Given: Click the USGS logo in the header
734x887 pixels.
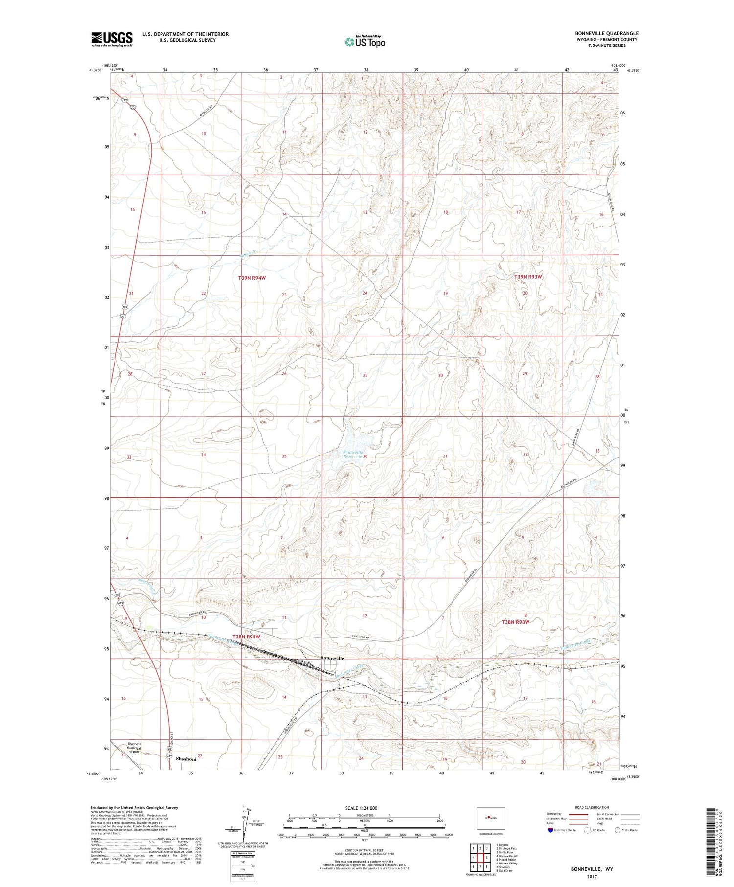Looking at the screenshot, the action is coord(112,39).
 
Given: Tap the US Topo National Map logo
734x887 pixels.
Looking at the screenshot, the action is coord(365,42).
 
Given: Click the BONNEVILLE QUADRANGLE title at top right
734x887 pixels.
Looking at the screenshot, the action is coord(607,33).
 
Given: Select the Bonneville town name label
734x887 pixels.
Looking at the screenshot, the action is coord(333,658).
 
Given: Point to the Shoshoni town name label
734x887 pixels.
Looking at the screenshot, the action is coord(186,759).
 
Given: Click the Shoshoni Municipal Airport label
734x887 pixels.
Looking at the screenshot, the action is coord(134,748).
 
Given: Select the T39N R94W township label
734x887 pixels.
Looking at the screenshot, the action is coord(252,278).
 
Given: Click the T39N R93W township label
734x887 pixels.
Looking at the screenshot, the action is coord(528,277).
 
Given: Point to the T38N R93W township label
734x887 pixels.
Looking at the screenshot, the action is coord(516,622).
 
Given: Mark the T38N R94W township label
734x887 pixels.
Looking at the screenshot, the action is coord(246,637).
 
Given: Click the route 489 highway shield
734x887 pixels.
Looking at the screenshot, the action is coord(120,603).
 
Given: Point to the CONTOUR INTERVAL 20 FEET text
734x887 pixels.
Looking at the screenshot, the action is coord(364,851).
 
